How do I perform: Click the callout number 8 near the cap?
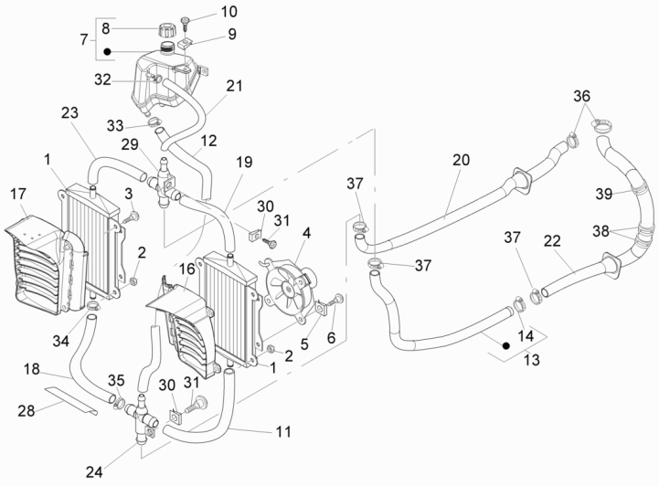point(107,27)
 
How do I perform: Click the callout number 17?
point(18,194)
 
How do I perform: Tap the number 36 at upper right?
point(581,97)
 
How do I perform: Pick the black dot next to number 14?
point(505,345)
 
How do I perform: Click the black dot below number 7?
point(107,52)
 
